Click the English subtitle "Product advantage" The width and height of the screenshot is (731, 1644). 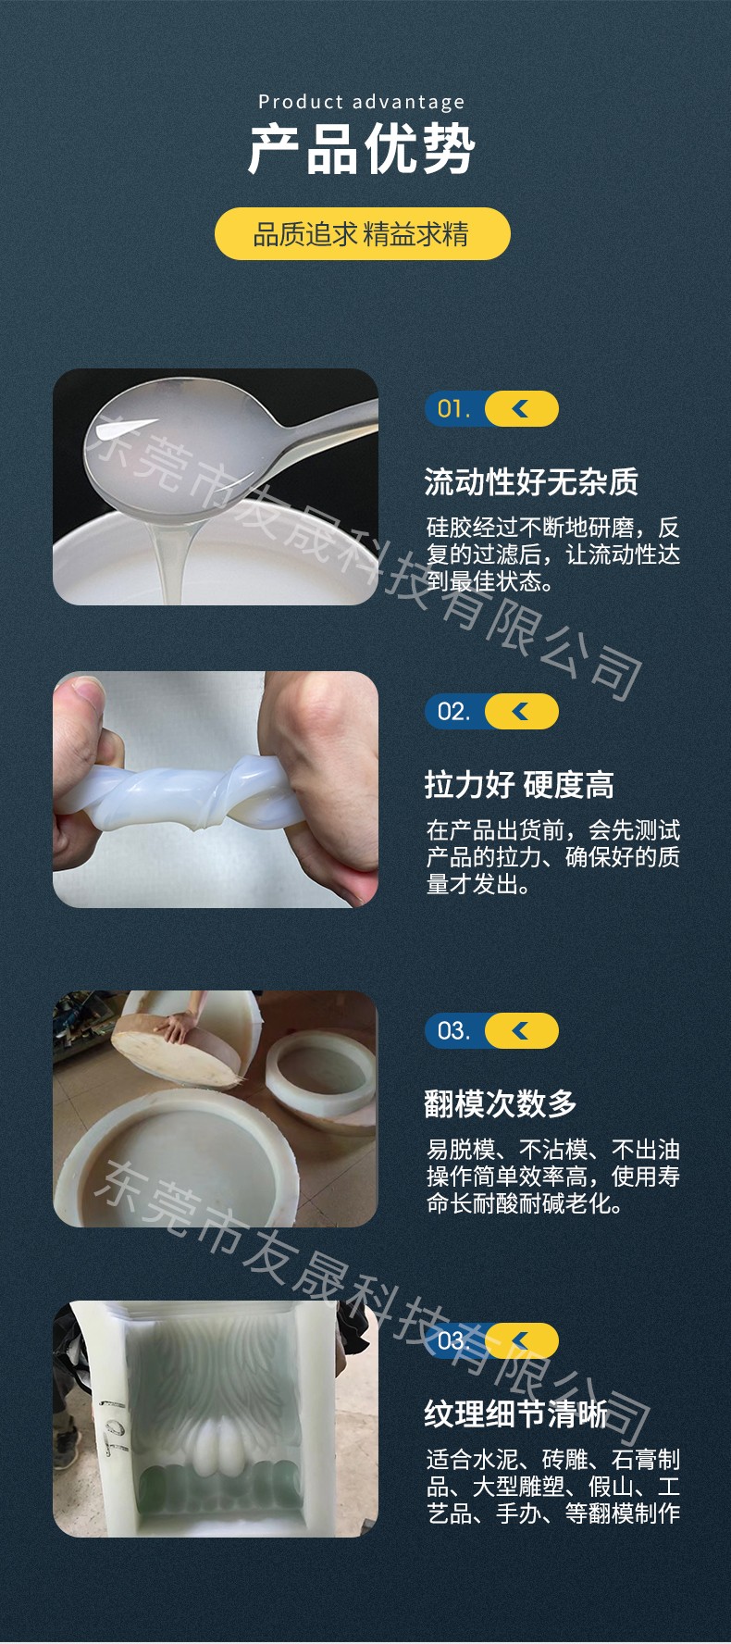coord(362,102)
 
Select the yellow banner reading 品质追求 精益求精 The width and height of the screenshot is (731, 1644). coord(363,233)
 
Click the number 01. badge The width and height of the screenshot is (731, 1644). coord(453,409)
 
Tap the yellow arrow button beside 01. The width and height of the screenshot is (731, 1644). coord(522,409)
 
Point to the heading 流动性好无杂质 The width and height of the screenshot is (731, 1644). coord(531,481)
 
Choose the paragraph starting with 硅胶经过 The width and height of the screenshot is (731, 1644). coord(552,554)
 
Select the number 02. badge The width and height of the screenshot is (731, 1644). coord(453,712)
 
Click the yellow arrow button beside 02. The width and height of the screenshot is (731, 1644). coord(522,712)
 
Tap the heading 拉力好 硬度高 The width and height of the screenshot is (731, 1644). coord(519,785)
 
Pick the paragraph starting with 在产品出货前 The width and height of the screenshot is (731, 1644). coord(552,857)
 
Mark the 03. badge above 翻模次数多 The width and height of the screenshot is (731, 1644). coord(453,1031)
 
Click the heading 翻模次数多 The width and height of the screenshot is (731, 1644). coord(501,1103)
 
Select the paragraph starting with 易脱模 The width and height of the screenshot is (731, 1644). coord(552,1177)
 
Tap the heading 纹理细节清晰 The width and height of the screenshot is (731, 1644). coord(515,1414)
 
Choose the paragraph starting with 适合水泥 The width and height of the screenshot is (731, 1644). coord(552,1487)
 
